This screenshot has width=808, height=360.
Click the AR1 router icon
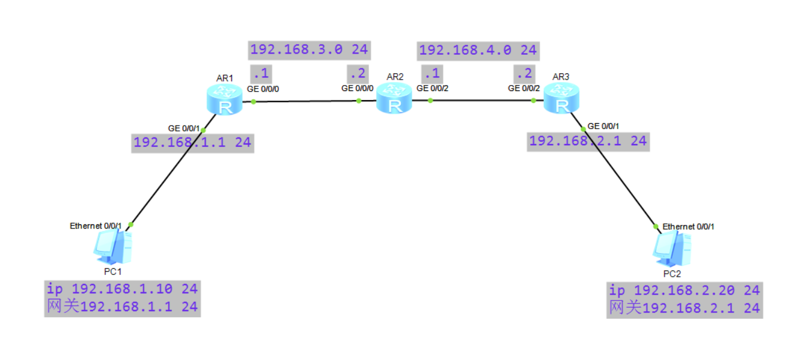pos(225,99)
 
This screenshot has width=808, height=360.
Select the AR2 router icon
pos(394,98)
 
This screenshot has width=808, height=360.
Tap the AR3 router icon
pos(560,98)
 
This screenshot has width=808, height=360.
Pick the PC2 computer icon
pos(672,248)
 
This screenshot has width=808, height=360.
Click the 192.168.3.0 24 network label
pos(309,50)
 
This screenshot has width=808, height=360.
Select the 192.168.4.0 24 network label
pos(478,51)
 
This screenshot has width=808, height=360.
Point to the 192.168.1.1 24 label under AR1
pos(192,143)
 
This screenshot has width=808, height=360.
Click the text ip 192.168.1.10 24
pos(122,289)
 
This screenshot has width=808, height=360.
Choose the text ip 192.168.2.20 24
pos(684,290)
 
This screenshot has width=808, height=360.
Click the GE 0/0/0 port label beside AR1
pos(263,89)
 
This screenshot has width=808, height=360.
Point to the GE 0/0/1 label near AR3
pos(603,126)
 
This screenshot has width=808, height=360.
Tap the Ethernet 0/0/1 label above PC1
pos(95,226)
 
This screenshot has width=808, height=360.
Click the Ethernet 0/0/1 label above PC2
pos(688,227)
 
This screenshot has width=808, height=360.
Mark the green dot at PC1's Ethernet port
pos(131,225)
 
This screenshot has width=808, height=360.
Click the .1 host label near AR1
pos(261,73)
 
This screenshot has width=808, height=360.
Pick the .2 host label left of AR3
pos(524,73)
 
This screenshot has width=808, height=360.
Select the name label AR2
pos(395,77)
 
